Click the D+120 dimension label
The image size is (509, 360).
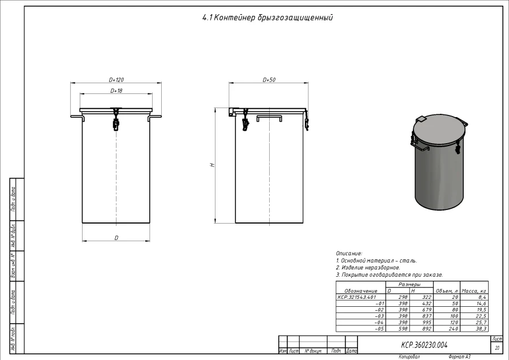click(x=116, y=80)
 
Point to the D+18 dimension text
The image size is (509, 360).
click(x=116, y=91)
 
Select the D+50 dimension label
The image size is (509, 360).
click(x=269, y=80)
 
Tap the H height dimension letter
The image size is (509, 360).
click(x=212, y=165)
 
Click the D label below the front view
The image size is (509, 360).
click(x=117, y=238)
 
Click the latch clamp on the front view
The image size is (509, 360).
click(x=116, y=121)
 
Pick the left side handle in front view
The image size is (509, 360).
click(x=77, y=117)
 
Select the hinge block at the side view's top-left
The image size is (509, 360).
click(x=232, y=113)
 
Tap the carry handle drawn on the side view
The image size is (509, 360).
click(x=269, y=117)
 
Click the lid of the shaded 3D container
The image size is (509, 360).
click(x=440, y=132)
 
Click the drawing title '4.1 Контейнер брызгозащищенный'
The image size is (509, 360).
click(x=268, y=18)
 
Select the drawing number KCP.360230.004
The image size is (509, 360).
click(x=424, y=344)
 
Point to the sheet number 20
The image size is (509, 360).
click(x=497, y=348)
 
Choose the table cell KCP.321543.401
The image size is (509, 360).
click(x=356, y=297)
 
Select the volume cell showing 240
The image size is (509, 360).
click(x=452, y=328)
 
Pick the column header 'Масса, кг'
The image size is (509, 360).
click(x=474, y=290)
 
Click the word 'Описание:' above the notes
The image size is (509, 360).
click(x=349, y=254)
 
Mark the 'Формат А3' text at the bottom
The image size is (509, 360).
click(x=459, y=357)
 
